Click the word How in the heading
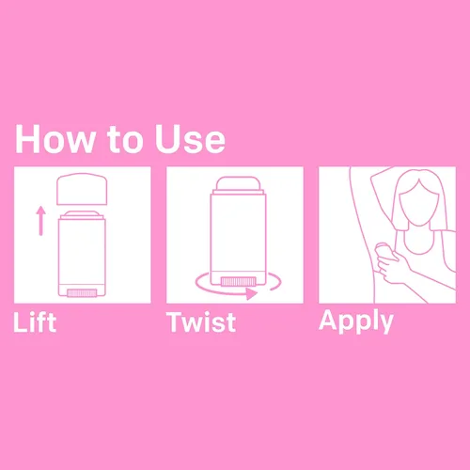click(x=55, y=139)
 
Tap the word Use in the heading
click(x=190, y=139)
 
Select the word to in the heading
click(x=125, y=140)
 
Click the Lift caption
click(x=35, y=322)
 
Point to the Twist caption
click(x=201, y=322)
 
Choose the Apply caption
click(x=356, y=321)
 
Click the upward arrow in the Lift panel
click(x=40, y=221)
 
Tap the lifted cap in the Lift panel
click(x=82, y=189)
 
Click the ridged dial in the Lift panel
click(x=82, y=293)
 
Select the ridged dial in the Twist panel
click(x=239, y=281)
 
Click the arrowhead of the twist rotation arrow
click(x=251, y=294)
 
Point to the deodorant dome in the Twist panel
click(x=238, y=183)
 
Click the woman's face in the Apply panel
click(x=419, y=204)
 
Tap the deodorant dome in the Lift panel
click(x=82, y=214)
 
